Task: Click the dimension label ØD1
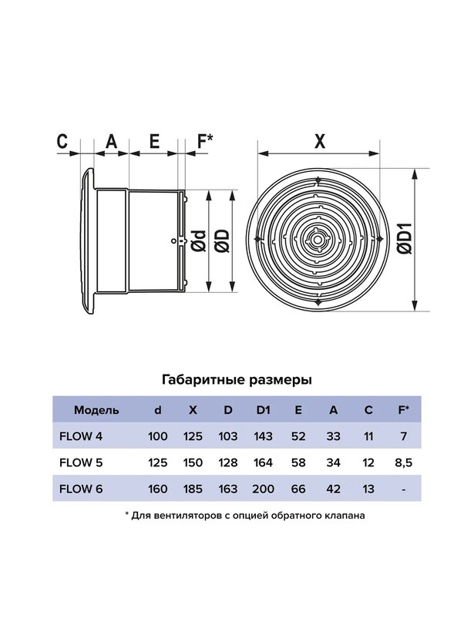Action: point(405,238)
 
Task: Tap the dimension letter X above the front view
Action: point(320,142)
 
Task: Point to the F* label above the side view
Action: point(204,142)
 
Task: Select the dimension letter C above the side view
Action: point(62,142)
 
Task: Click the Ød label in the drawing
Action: point(199,241)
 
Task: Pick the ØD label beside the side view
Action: point(223,241)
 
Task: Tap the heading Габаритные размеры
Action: point(237,380)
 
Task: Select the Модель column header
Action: point(96,410)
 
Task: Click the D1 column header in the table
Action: point(263,410)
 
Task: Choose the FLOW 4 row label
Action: point(81,436)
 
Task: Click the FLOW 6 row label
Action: point(81,489)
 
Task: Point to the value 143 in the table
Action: point(263,436)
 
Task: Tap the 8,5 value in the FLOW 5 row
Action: point(403,462)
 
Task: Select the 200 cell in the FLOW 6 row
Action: point(263,489)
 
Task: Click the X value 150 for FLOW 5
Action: point(193,462)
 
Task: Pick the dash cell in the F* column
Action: point(403,489)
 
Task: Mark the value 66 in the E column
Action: point(298,489)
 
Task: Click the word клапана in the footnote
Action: point(345,516)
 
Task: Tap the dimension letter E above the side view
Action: point(154,142)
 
